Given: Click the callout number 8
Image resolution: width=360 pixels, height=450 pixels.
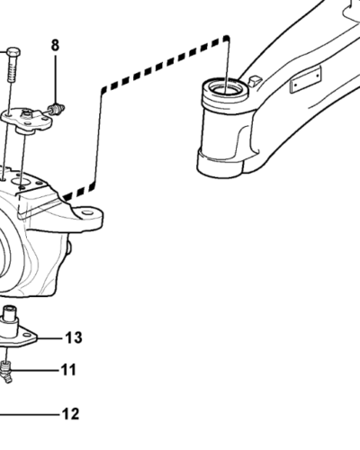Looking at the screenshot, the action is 55,45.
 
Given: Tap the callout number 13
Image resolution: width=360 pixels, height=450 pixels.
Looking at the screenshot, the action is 74,337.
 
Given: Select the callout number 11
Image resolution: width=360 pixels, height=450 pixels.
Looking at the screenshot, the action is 68,370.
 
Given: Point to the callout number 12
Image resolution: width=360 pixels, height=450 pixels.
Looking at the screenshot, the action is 71,414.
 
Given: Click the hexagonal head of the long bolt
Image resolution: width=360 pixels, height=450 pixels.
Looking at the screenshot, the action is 13,53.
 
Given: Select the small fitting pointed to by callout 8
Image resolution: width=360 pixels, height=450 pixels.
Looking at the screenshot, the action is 57,109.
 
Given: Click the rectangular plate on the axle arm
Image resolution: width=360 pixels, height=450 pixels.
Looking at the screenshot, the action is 305,79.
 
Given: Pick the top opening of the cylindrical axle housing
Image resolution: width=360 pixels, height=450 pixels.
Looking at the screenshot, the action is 226,88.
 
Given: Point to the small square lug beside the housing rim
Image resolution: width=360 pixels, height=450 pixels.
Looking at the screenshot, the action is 255,81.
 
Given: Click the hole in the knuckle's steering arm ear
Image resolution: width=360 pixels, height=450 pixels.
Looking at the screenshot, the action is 87,212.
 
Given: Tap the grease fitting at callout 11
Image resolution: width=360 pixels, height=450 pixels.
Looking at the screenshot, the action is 6,371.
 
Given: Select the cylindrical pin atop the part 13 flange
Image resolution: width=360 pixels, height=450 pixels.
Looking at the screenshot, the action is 10,317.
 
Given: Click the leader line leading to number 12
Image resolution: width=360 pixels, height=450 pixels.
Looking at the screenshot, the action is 30,415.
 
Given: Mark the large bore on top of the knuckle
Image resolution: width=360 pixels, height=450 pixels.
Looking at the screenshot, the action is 20,181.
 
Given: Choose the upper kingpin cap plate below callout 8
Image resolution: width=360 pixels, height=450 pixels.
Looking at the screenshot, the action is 26,120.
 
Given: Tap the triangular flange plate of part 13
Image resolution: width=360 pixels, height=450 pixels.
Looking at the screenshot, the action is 18,338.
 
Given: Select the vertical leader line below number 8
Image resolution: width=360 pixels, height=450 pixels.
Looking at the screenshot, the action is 55,79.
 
